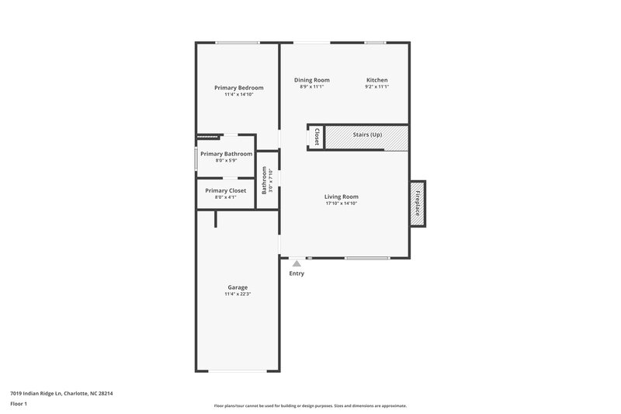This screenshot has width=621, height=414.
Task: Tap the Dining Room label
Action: tap(311, 80)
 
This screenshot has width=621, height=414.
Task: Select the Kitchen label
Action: tap(376, 80)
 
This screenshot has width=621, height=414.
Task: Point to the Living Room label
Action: tap(341, 197)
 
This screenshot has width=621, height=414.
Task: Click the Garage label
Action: tap(238, 287)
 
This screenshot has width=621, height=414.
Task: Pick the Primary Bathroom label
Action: tap(226, 154)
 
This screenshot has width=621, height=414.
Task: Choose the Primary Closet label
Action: tap(225, 190)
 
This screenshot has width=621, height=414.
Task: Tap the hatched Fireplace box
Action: tap(418, 204)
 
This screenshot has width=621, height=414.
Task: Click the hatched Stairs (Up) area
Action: tap(366, 137)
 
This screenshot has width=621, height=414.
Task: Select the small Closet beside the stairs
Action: tap(316, 137)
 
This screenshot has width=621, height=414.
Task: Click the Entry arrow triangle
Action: tap(297, 264)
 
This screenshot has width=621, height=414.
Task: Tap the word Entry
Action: tap(297, 273)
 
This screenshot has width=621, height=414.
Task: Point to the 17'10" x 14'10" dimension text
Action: tap(341, 204)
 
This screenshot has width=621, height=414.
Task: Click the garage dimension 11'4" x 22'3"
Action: tap(238, 294)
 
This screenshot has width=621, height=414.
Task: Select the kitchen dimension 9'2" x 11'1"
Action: tap(376, 87)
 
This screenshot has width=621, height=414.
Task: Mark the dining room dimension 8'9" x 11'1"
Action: tap(311, 87)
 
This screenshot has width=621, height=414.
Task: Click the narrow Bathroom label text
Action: tap(265, 179)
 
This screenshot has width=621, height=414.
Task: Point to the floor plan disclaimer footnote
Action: tap(310, 405)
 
